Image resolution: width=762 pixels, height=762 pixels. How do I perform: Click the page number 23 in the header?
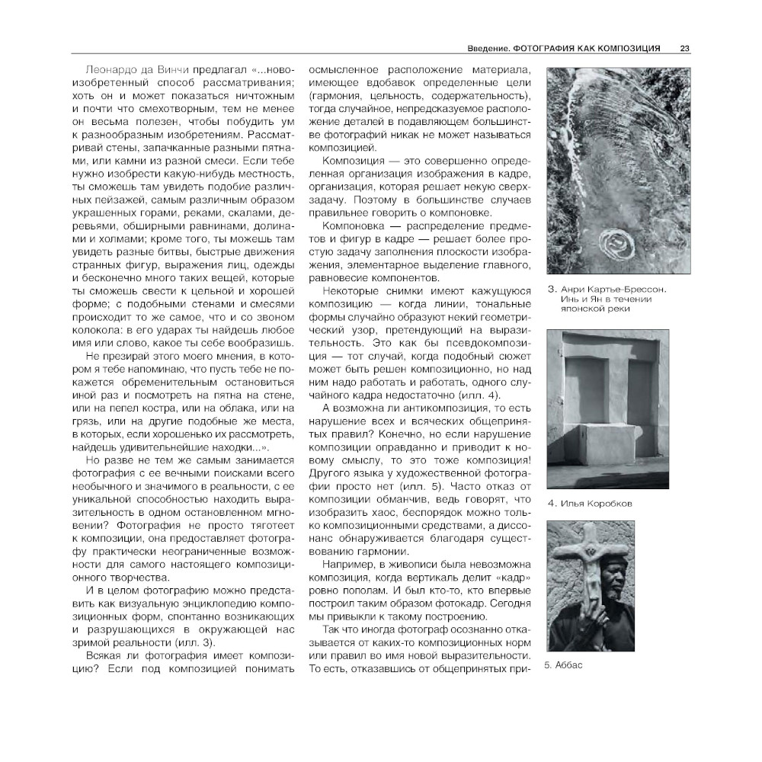point(685,49)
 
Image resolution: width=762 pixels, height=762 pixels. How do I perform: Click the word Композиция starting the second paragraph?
point(354,162)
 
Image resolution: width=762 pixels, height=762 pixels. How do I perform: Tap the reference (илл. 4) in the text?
point(482,394)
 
